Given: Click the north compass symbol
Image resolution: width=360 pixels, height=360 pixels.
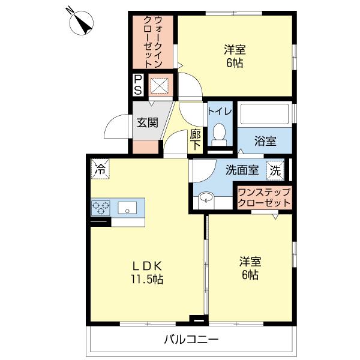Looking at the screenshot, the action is (x=81, y=23).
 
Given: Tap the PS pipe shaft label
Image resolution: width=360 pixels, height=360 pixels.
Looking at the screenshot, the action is (x=138, y=85).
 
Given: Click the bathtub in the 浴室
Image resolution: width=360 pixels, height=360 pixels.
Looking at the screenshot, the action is (x=265, y=115).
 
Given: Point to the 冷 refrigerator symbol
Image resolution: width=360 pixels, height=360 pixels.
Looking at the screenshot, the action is (x=100, y=169).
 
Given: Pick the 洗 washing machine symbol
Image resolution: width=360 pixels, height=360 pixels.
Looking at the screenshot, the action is (x=275, y=170).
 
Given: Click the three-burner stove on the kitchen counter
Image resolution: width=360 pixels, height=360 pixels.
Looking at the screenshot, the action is (x=101, y=208).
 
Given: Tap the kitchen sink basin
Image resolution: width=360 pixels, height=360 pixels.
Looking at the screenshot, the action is (x=127, y=208).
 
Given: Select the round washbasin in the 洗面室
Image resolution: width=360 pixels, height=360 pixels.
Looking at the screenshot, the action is (x=206, y=197).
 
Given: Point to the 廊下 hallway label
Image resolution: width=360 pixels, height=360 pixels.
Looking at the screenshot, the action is (x=195, y=140).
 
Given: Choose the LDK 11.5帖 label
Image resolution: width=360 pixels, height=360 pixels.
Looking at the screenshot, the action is (x=147, y=273).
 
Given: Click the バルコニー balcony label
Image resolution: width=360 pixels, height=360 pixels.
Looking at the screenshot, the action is (x=191, y=339).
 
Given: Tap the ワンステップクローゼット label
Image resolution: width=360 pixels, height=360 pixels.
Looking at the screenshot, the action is (x=264, y=197).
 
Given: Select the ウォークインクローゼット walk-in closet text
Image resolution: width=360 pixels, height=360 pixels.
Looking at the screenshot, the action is (x=152, y=42).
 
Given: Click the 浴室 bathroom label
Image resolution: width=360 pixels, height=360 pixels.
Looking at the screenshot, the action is (x=265, y=141).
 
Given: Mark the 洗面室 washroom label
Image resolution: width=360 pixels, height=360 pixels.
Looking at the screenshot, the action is (x=242, y=170).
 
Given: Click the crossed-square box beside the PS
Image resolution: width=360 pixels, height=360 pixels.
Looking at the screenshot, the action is (x=159, y=85).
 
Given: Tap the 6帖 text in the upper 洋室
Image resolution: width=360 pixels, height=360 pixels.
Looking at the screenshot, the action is (x=235, y=63).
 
